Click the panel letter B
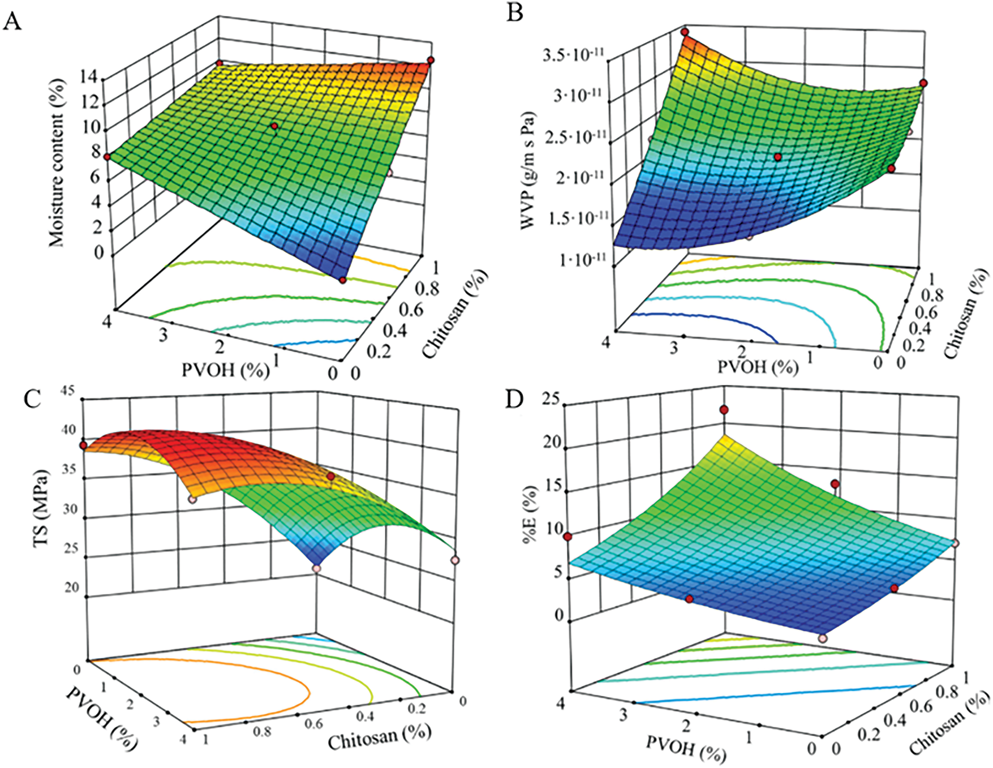514,12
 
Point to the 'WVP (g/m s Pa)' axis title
528,170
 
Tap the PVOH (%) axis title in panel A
225,370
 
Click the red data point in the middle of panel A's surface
274,126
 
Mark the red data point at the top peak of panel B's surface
685,32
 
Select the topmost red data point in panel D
724,410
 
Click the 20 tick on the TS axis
71,588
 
